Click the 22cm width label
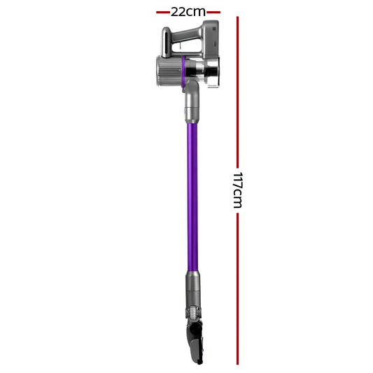click(x=188, y=12)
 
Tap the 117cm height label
click(x=238, y=190)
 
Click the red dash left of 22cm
click(x=163, y=12)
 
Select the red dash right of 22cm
click(x=213, y=12)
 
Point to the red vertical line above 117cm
click(x=237, y=92)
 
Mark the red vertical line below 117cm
click(x=237, y=288)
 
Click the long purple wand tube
click(x=192, y=197)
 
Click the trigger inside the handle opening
click(x=181, y=45)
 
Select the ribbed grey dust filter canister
click(x=169, y=71)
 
